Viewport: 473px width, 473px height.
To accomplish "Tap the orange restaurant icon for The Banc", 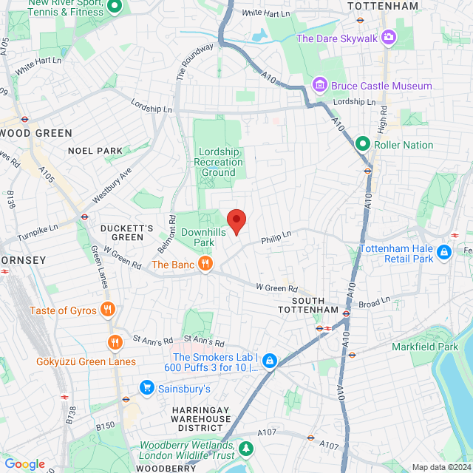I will (206, 264).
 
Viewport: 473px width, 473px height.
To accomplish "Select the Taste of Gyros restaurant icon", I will (108, 310).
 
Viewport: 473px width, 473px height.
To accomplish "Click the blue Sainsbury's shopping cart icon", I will (146, 388).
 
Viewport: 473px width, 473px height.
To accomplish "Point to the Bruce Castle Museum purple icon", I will (319, 86).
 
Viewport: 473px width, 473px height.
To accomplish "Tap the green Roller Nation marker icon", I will (363, 144).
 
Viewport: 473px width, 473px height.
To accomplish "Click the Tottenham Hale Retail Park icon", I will (444, 253).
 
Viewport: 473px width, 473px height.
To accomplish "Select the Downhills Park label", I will (198, 236).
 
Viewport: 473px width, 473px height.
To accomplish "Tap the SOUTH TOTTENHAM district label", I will (314, 304).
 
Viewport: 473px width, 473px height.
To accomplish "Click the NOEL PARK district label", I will (95, 151).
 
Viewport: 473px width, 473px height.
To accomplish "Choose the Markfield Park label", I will (446, 347).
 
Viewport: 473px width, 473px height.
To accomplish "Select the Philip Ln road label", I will (276, 237).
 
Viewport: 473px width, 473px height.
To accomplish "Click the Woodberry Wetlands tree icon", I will (245, 447).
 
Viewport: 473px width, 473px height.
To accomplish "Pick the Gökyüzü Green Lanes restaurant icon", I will (115, 342).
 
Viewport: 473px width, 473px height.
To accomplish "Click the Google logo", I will (24, 463).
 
